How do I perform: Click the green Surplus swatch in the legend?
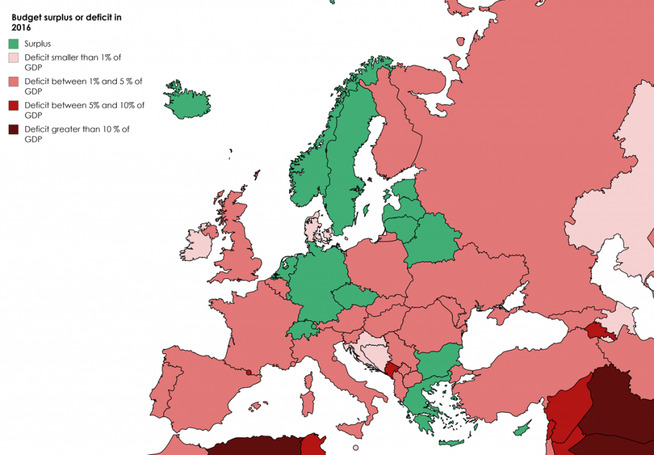(x=13, y=44)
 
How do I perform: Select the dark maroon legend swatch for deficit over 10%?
(x=13, y=130)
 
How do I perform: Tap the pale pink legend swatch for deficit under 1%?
(x=13, y=58)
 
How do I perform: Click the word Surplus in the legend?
(x=38, y=44)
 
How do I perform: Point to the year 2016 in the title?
(x=21, y=28)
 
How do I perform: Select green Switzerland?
(x=303, y=330)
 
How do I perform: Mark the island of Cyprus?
(x=524, y=428)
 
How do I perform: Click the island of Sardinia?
(x=308, y=400)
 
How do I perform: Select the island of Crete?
(x=453, y=442)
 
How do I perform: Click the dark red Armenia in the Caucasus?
(x=597, y=330)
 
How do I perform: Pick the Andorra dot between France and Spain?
(x=248, y=372)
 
